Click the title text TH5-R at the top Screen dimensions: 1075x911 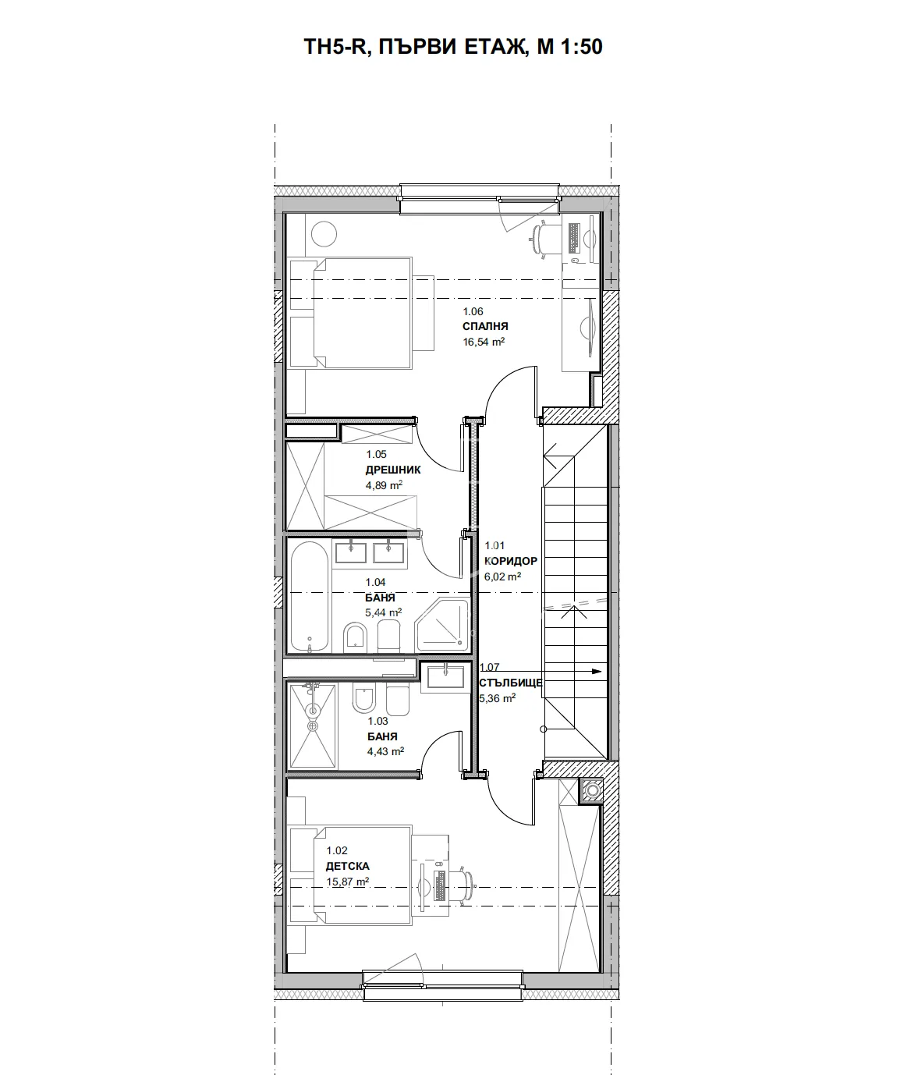point(334,48)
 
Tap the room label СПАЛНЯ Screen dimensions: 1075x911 point(485,327)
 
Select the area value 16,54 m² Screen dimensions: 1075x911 point(484,342)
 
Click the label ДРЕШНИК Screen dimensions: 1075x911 point(393,470)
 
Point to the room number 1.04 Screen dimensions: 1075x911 point(376,582)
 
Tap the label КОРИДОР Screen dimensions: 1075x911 point(511,561)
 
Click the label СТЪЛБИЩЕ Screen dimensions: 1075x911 point(511,683)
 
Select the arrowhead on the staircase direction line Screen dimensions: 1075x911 point(597,671)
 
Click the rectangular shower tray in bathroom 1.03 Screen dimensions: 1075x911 point(313,726)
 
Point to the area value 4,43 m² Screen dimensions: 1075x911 point(385,752)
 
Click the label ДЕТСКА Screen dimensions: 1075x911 point(348,866)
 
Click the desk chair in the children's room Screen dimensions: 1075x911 point(469,884)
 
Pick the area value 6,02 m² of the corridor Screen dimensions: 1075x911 point(503,577)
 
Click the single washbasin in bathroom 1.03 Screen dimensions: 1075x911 point(445,676)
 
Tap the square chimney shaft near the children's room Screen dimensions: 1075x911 point(591,791)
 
